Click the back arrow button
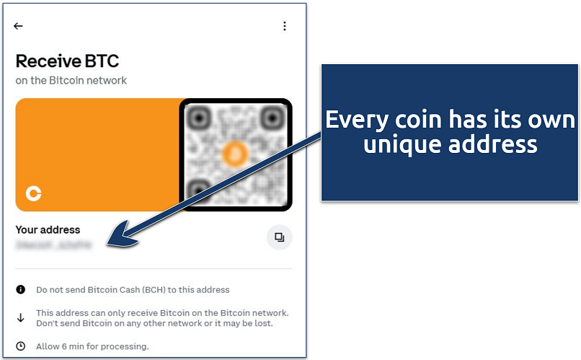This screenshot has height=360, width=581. (x=19, y=26)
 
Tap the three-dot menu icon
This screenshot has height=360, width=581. (x=285, y=26)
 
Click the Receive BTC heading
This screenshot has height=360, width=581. (x=67, y=61)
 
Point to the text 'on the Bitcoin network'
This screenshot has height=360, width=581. (x=71, y=80)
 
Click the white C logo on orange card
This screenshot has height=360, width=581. (x=33, y=193)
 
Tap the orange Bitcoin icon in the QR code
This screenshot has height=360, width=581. (x=234, y=153)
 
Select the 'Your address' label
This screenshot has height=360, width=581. (x=48, y=230)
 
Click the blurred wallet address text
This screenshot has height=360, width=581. (x=54, y=245)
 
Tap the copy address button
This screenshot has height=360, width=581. (x=279, y=237)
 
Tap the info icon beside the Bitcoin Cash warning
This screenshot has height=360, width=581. (x=21, y=290)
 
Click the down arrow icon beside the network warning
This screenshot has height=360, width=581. (x=21, y=317)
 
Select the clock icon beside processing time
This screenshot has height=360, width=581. (x=21, y=346)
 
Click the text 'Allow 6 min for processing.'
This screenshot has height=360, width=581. (x=92, y=346)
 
